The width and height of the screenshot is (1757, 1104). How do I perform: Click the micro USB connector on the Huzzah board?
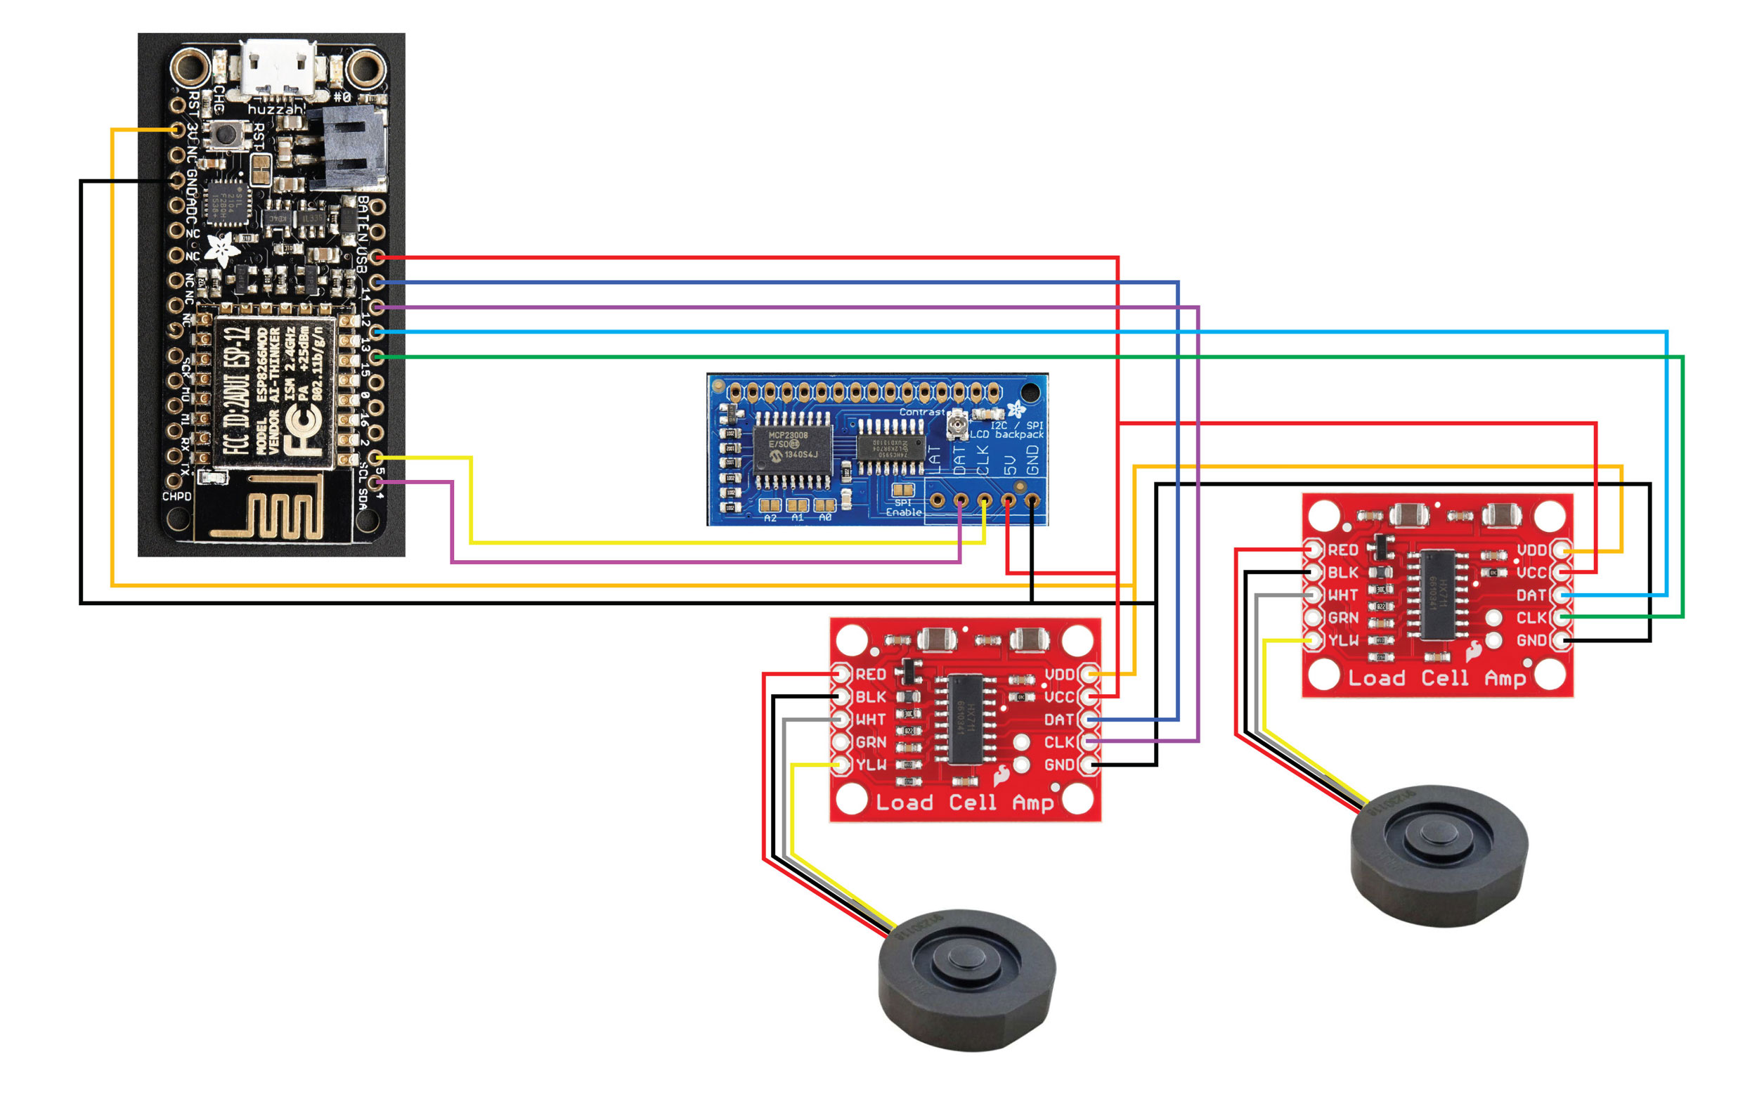coord(280,68)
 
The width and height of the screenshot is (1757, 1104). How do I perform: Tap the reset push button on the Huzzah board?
coord(227,135)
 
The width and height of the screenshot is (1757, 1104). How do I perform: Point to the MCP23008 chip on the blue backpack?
coord(792,449)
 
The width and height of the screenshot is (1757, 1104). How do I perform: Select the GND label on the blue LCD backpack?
coord(1032,460)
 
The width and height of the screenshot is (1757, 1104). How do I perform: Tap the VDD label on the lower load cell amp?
coord(1059,674)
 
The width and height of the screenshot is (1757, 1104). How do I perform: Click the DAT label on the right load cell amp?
coord(1531,595)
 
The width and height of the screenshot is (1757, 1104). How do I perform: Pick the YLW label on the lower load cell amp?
coord(871,765)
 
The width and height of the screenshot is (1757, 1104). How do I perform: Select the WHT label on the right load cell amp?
coord(1342,595)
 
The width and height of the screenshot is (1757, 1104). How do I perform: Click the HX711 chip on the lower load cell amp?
coord(966,720)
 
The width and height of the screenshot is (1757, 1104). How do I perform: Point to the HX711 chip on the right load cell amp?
coord(1437,595)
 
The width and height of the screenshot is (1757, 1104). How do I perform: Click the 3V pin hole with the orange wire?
coord(176,130)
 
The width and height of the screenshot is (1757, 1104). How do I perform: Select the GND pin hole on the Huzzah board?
coord(176,180)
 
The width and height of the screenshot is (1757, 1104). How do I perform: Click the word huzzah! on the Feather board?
coord(275,110)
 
